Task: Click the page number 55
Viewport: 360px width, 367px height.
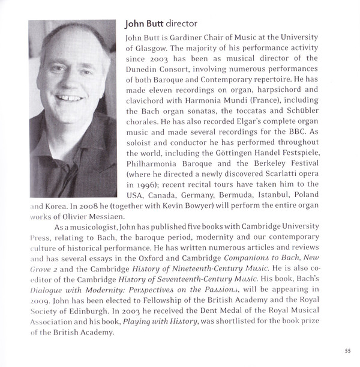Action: click(347, 351)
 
